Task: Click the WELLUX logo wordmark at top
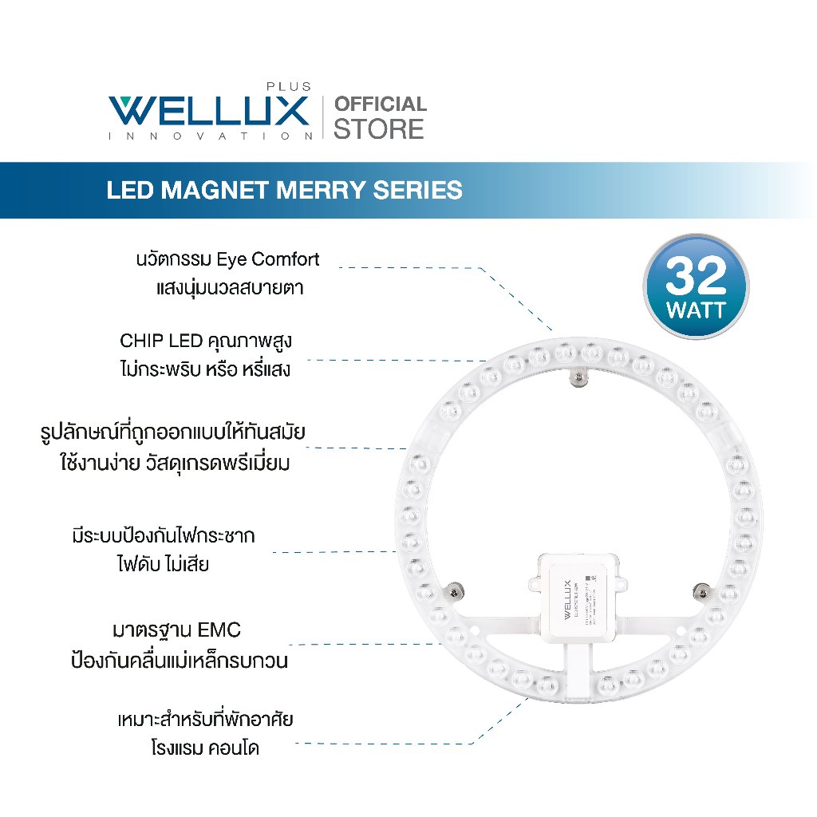209,110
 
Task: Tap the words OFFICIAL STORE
380,117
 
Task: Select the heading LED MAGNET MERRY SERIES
285,190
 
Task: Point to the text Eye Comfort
274,259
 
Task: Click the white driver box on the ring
578,594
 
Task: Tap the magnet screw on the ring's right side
702,591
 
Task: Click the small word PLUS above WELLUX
288,87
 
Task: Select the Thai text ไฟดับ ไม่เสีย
163,564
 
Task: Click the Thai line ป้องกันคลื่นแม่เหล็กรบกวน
179,661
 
